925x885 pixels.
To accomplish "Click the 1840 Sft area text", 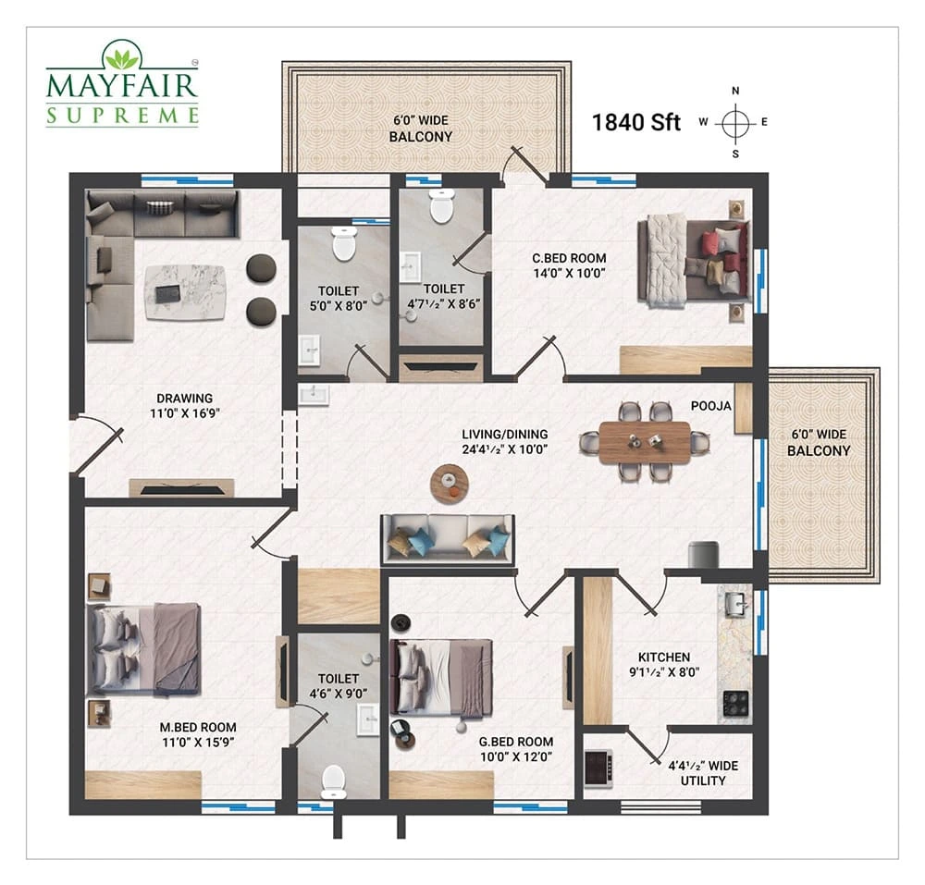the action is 636,123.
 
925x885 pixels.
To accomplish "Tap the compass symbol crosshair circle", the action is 735,124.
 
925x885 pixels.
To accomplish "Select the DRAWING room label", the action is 185,398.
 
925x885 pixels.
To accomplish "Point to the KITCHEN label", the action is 663,657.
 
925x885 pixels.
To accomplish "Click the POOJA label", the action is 710,406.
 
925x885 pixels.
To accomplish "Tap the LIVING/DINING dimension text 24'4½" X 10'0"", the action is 505,449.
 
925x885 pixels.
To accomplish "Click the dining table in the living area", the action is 644,442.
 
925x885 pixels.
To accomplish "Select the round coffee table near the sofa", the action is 450,484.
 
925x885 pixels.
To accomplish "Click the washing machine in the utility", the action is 598,768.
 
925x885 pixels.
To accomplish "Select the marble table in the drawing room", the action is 185,292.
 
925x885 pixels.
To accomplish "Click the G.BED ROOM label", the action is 516,742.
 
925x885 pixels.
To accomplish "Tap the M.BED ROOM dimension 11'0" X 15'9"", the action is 198,743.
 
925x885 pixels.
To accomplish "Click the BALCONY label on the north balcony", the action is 421,137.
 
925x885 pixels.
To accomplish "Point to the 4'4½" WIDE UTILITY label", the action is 703,773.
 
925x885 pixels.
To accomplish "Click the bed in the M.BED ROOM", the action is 143,648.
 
